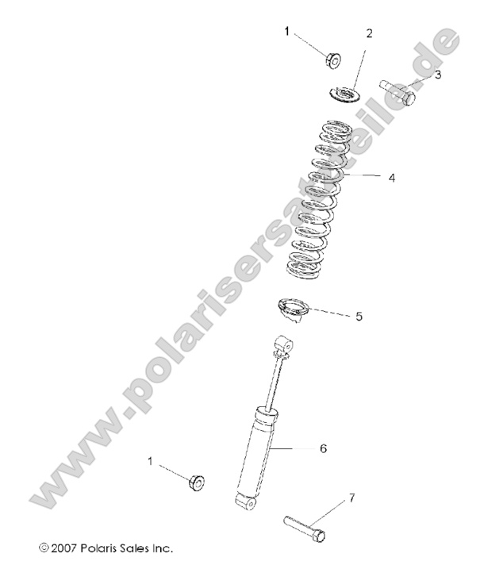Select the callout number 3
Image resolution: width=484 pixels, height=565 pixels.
click(437, 75)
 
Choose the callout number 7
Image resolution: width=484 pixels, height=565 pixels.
click(351, 498)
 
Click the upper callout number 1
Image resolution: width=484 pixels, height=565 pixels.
click(287, 32)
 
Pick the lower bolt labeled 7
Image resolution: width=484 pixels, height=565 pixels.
click(303, 529)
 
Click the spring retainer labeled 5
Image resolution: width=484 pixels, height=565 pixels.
click(292, 309)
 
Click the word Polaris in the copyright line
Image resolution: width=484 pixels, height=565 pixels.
click(104, 548)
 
